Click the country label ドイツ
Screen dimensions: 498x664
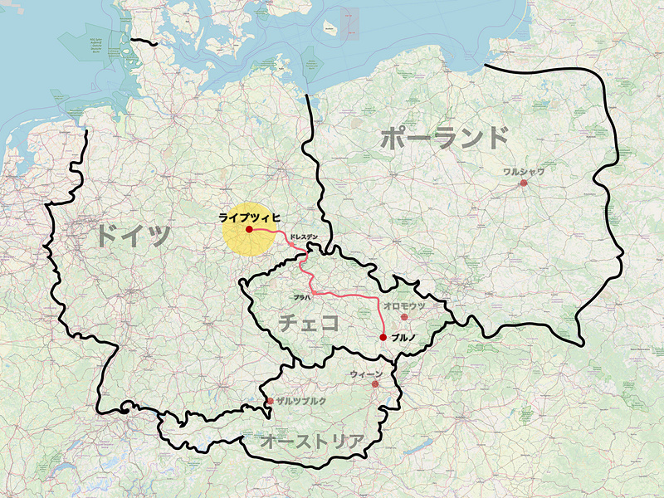click(132, 235)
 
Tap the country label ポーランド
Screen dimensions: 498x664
click(444, 138)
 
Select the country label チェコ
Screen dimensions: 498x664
click(308, 322)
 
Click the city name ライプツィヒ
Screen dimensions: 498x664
click(249, 217)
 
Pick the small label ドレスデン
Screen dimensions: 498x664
click(304, 237)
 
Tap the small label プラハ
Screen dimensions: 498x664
click(300, 296)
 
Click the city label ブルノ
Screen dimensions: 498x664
click(403, 337)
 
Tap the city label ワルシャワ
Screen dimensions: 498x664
click(524, 172)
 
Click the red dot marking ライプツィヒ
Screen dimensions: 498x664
click(249, 228)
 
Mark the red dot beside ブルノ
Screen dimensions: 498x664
click(383, 337)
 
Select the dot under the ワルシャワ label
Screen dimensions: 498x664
click(524, 183)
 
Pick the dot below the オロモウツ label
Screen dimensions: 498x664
click(405, 317)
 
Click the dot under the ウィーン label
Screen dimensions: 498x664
click(375, 384)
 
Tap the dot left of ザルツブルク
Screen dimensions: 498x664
click(270, 402)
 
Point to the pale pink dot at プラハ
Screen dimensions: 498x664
click(315, 292)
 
